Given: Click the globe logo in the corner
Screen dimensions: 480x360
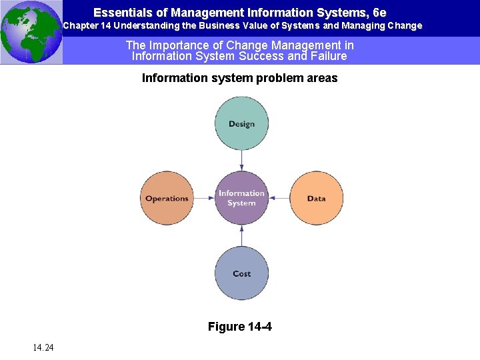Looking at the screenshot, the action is coord(31,32).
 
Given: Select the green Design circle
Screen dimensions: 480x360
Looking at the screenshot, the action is coord(241,123).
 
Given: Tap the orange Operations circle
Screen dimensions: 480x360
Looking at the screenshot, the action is coord(167,198).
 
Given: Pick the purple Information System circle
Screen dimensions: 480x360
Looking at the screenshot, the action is coord(241,198).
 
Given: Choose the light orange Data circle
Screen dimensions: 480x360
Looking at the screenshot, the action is coord(316,198).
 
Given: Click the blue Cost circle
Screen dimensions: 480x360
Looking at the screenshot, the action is coord(241,273).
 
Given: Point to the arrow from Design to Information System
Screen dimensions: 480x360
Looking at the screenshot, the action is coord(241,161).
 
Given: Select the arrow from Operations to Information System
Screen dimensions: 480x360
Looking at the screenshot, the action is coord(205,198).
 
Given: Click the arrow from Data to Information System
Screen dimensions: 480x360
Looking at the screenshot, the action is coord(279,198).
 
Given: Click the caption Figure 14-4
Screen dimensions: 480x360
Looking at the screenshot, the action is coord(239,327).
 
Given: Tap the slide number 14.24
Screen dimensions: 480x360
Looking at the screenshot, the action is coord(42,347).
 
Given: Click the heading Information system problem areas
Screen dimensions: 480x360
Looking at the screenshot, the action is coord(239,78).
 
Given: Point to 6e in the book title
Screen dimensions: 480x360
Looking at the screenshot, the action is coord(379,13).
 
